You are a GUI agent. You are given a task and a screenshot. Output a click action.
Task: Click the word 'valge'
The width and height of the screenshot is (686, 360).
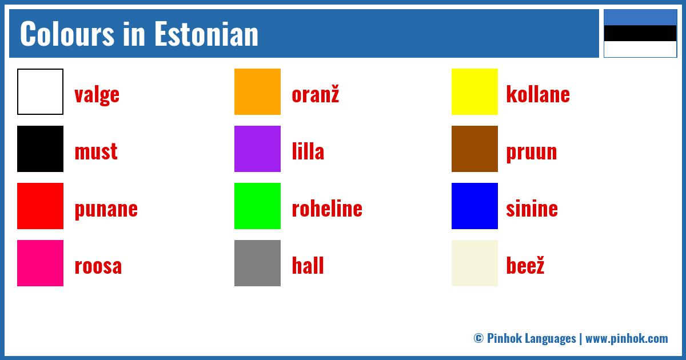97,95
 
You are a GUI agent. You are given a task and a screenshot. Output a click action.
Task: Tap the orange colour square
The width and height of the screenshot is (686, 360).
257,91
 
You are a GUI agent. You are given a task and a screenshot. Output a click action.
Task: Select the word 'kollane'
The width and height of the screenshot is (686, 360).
538,94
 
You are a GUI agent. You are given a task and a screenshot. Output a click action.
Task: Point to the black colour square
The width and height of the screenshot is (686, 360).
40,149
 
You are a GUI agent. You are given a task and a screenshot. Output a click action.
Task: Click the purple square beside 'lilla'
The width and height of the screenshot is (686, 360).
257,149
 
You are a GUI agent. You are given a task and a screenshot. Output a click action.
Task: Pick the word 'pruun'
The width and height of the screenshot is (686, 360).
531,153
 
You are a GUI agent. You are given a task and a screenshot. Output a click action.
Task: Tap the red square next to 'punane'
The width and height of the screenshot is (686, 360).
40,206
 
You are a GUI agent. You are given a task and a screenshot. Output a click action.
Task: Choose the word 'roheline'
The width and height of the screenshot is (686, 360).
327,208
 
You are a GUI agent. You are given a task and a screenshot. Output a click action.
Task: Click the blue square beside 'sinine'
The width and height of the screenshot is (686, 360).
474,206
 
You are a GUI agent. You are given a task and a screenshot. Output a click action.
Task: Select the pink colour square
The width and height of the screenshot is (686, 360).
40,263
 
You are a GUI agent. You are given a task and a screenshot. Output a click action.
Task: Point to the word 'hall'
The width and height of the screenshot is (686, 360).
308,265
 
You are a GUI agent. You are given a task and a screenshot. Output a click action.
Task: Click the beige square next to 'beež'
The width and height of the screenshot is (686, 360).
474,263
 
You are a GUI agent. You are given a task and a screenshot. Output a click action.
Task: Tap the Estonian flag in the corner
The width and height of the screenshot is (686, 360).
640,33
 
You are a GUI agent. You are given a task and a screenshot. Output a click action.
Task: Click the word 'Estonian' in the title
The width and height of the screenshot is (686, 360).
206,34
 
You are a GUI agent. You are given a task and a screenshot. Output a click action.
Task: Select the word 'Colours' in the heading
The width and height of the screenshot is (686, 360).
67,34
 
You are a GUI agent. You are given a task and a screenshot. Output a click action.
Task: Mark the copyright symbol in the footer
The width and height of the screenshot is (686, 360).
478,338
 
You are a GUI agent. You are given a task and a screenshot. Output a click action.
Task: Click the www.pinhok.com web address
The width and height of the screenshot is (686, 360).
627,338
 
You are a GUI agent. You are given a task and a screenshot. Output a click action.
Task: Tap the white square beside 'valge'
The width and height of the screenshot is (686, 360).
40,91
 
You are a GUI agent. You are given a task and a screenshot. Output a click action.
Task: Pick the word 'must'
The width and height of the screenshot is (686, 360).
96,151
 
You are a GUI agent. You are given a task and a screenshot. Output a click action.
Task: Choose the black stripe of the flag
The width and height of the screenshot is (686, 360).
640,33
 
